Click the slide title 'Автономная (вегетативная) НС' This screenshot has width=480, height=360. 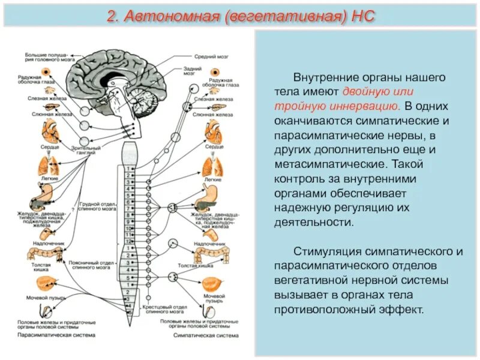point(240,16)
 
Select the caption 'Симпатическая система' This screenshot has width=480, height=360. point(199,335)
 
